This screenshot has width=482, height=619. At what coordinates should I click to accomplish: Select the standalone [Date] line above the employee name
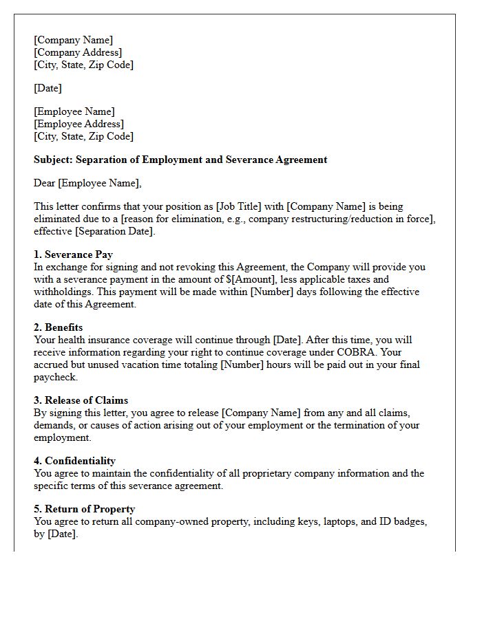pyautogui.click(x=48, y=88)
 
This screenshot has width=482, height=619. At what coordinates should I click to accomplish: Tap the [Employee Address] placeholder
pyautogui.click(x=78, y=124)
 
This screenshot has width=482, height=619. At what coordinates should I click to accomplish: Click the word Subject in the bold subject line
pyautogui.click(x=54, y=160)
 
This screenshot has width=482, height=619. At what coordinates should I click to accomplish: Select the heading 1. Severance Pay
pyautogui.click(x=73, y=254)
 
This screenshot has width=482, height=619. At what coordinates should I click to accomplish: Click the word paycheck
pyautogui.click(x=55, y=377)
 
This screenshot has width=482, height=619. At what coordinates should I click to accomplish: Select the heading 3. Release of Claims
pyautogui.click(x=81, y=400)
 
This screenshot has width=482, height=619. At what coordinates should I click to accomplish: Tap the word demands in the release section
pyautogui.click(x=54, y=425)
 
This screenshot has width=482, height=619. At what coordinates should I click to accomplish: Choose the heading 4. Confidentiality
pyautogui.click(x=74, y=461)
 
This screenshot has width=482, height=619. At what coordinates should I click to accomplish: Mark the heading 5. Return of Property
pyautogui.click(x=84, y=509)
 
